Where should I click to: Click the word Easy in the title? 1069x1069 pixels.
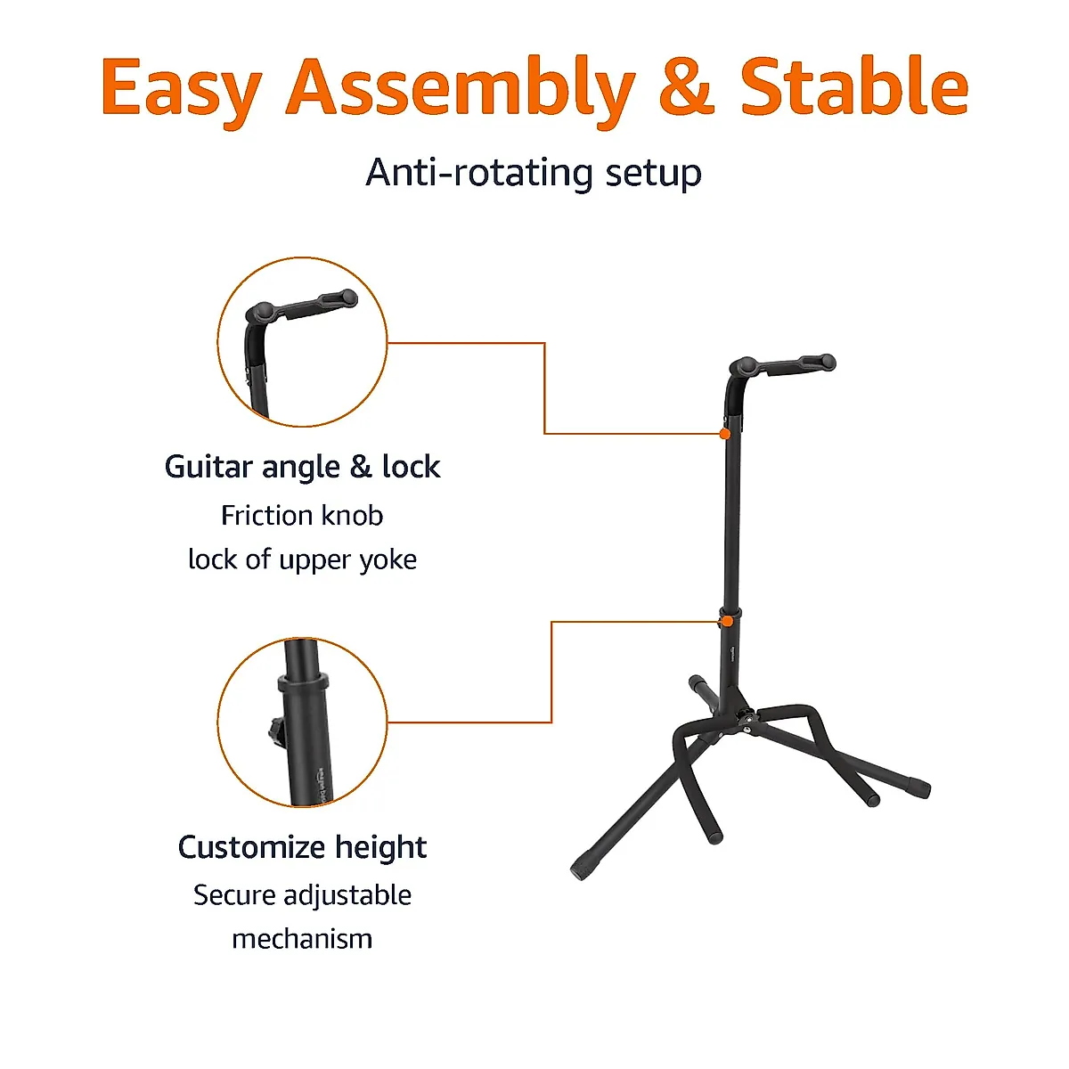181,88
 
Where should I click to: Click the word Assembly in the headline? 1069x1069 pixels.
460,88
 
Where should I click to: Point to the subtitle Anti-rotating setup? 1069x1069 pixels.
534,172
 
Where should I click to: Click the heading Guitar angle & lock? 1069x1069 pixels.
302,467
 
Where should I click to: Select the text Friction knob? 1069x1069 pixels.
302,515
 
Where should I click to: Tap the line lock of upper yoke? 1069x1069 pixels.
302,559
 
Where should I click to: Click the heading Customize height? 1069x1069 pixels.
302,846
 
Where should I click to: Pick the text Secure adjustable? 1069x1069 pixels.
302,894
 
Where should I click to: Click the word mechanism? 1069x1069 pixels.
302,938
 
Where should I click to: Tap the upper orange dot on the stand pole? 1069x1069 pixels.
725,434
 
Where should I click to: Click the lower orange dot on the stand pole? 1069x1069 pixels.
727,620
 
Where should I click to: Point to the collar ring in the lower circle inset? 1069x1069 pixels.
303,684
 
